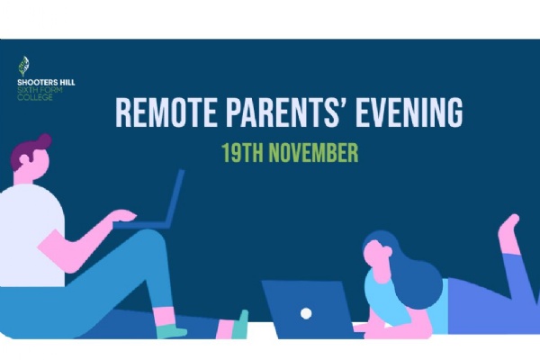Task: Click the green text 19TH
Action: click(x=242, y=153)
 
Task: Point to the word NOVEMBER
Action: click(x=313, y=153)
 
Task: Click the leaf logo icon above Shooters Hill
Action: click(x=23, y=66)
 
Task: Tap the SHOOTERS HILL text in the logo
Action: click(x=46, y=82)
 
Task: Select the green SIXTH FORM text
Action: click(x=40, y=90)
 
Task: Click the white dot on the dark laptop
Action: click(x=306, y=313)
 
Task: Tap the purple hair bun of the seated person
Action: click(x=44, y=141)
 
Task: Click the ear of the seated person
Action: click(x=24, y=159)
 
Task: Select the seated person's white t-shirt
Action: click(x=31, y=235)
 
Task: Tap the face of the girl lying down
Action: click(x=376, y=254)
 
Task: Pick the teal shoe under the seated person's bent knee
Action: click(x=171, y=331)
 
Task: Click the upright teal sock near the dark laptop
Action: click(x=240, y=325)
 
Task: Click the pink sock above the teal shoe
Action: click(x=164, y=316)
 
